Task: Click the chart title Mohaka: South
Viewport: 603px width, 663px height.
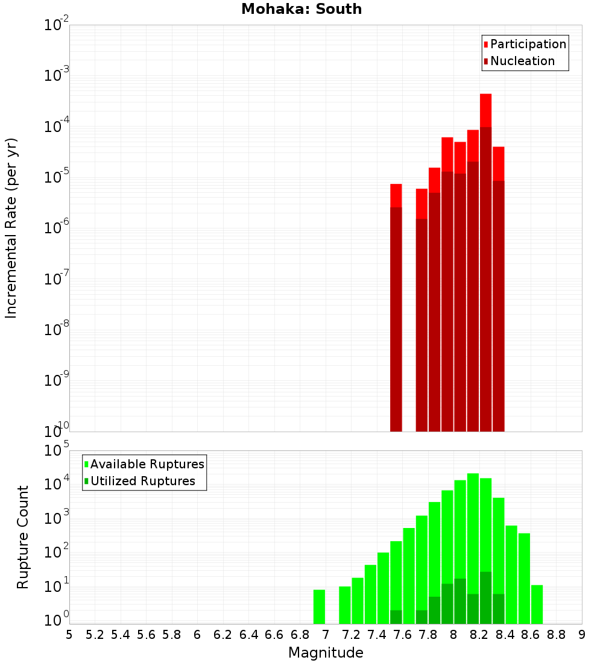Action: [301, 10]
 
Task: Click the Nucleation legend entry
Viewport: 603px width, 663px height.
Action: [522, 61]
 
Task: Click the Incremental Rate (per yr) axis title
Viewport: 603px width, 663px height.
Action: [11, 228]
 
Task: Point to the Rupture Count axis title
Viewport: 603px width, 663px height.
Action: [23, 537]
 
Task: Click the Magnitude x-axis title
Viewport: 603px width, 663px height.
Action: [326, 653]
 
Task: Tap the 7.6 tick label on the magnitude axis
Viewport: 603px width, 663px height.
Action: [402, 635]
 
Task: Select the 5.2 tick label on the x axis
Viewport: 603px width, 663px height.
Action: [95, 635]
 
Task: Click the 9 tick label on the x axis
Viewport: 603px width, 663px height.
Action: [582, 635]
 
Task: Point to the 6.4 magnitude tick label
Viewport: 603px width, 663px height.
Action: [248, 635]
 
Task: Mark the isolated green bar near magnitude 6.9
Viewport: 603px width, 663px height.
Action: [319, 606]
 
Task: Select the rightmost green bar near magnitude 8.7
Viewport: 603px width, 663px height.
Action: [537, 604]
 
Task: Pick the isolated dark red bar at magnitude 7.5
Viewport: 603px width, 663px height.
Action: [396, 319]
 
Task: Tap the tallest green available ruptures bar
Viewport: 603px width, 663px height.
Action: [473, 542]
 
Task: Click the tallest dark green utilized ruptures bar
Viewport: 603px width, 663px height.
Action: [486, 597]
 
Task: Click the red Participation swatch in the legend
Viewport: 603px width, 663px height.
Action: [486, 45]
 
